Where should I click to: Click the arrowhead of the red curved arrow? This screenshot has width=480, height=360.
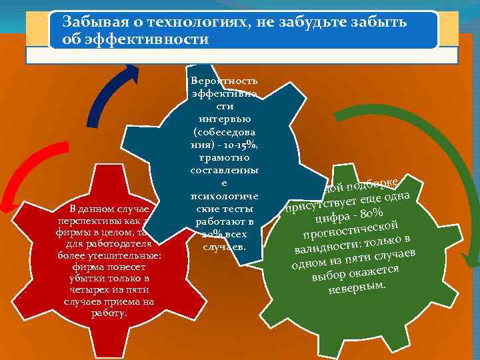[6, 204]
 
